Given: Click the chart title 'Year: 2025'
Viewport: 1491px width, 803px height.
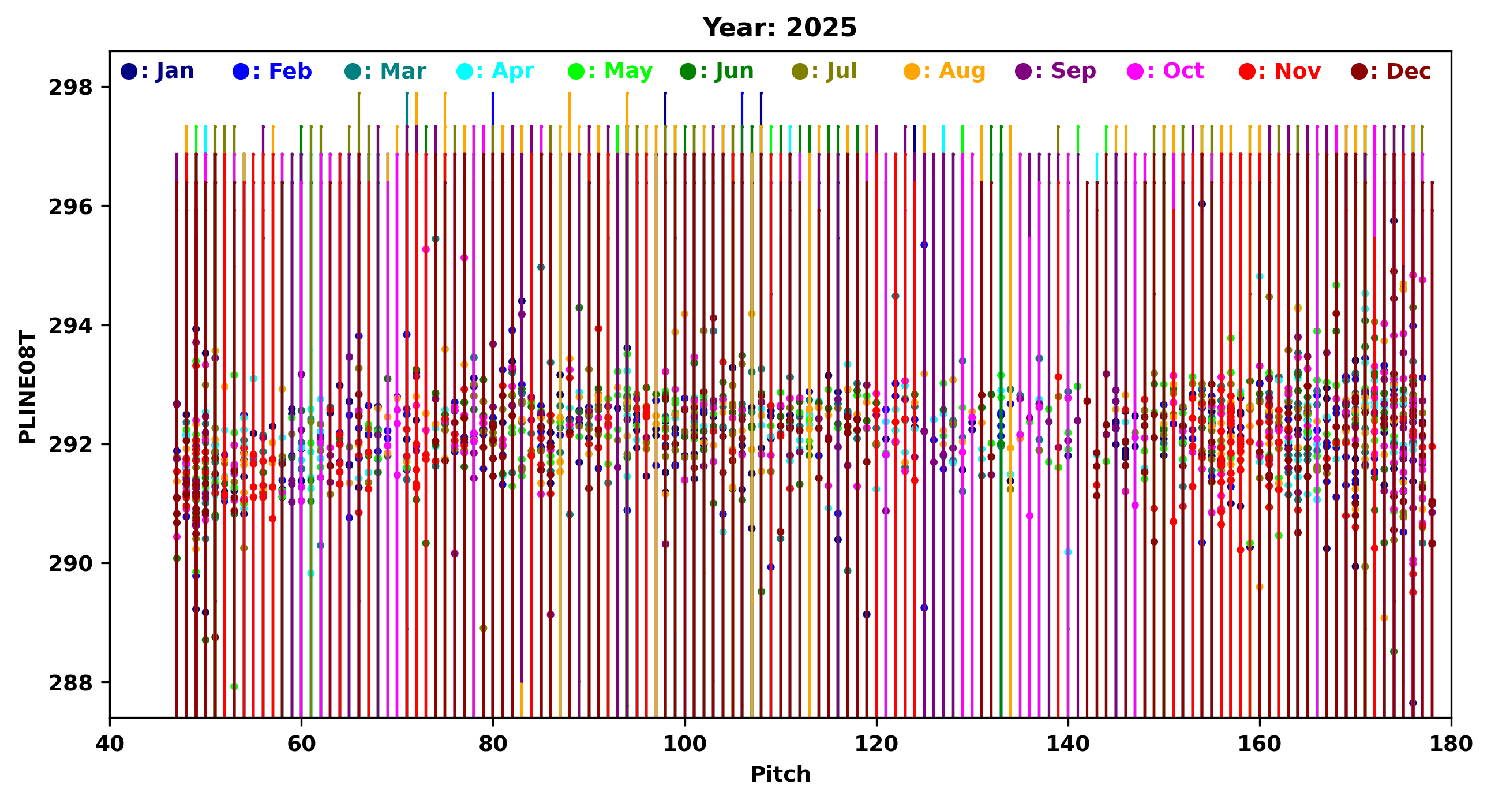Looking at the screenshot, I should [x=779, y=28].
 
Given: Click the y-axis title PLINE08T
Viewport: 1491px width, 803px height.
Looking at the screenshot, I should [x=27, y=387].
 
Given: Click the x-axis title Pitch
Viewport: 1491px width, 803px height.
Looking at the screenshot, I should [x=780, y=775].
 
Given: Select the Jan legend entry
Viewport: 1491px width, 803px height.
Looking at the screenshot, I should [x=158, y=71].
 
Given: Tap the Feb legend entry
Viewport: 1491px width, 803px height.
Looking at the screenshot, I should [x=272, y=71].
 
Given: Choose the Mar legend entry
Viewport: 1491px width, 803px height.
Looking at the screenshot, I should [x=385, y=71].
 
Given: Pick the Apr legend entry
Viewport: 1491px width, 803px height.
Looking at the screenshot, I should [x=496, y=71].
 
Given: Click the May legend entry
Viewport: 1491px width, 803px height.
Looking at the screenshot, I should [x=610, y=71].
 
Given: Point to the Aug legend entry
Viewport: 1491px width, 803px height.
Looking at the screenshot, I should [x=945, y=71].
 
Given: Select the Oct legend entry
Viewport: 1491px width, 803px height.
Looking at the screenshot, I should [x=1166, y=71].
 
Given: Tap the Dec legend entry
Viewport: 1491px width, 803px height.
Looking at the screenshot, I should [x=1391, y=71].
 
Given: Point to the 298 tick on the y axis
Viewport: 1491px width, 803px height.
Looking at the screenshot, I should [x=70, y=87].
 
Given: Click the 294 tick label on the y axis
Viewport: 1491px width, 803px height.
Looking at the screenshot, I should [x=70, y=326].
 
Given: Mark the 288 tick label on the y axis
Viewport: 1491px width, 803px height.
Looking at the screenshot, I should [x=70, y=683].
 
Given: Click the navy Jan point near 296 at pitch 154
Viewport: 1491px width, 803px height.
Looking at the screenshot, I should [x=1202, y=204].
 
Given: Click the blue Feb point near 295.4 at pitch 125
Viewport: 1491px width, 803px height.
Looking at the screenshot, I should [x=924, y=245].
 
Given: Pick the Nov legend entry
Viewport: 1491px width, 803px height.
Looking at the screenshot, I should [x=1280, y=71].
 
